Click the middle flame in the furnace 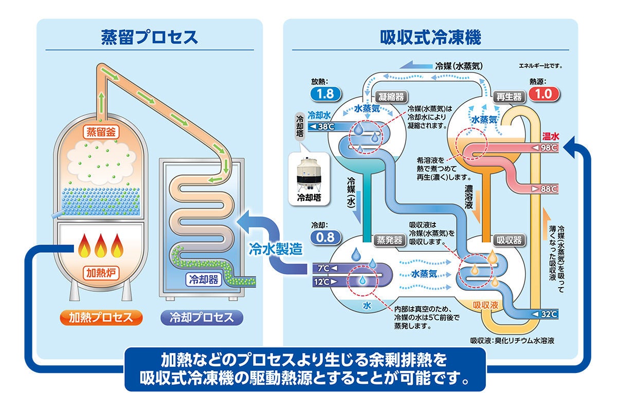pos(101,247)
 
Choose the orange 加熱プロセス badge pos(100,317)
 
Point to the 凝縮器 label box pos(390,96)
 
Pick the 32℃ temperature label pos(546,314)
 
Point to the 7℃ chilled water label pos(323,268)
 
